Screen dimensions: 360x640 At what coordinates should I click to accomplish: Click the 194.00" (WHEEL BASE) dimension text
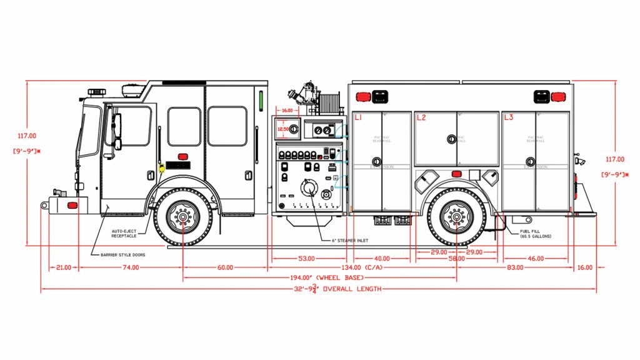coord(321,277)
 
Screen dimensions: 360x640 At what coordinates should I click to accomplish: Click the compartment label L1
coord(359,117)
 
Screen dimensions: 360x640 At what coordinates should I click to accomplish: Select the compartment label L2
coord(421,117)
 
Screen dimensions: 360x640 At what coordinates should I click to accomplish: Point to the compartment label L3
coord(508,117)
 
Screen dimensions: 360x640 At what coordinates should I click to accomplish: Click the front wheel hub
coord(183,217)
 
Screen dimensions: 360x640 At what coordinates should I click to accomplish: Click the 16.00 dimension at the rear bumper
coord(585,267)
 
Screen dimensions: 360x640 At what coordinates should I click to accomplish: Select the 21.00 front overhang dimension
coord(64,267)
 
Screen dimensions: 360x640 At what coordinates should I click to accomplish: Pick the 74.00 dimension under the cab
coord(131,267)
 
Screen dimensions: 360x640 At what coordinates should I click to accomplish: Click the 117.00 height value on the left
coord(27,136)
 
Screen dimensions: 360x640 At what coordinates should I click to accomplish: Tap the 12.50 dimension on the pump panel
coord(283,129)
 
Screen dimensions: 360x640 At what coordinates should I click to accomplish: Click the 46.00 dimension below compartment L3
coord(536,258)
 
